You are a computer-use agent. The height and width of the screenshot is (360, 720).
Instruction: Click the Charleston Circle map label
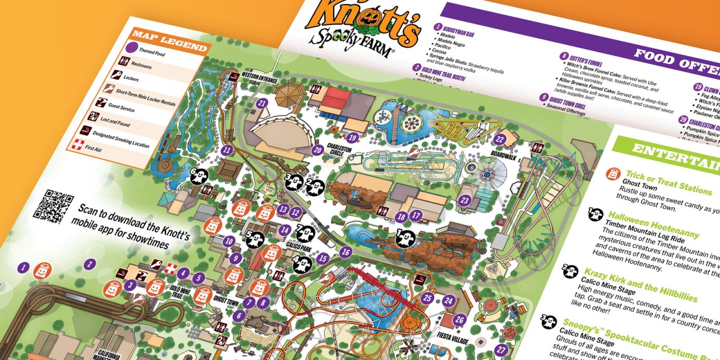point(341,150)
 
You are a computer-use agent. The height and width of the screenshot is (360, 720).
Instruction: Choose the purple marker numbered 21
point(262,103)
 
